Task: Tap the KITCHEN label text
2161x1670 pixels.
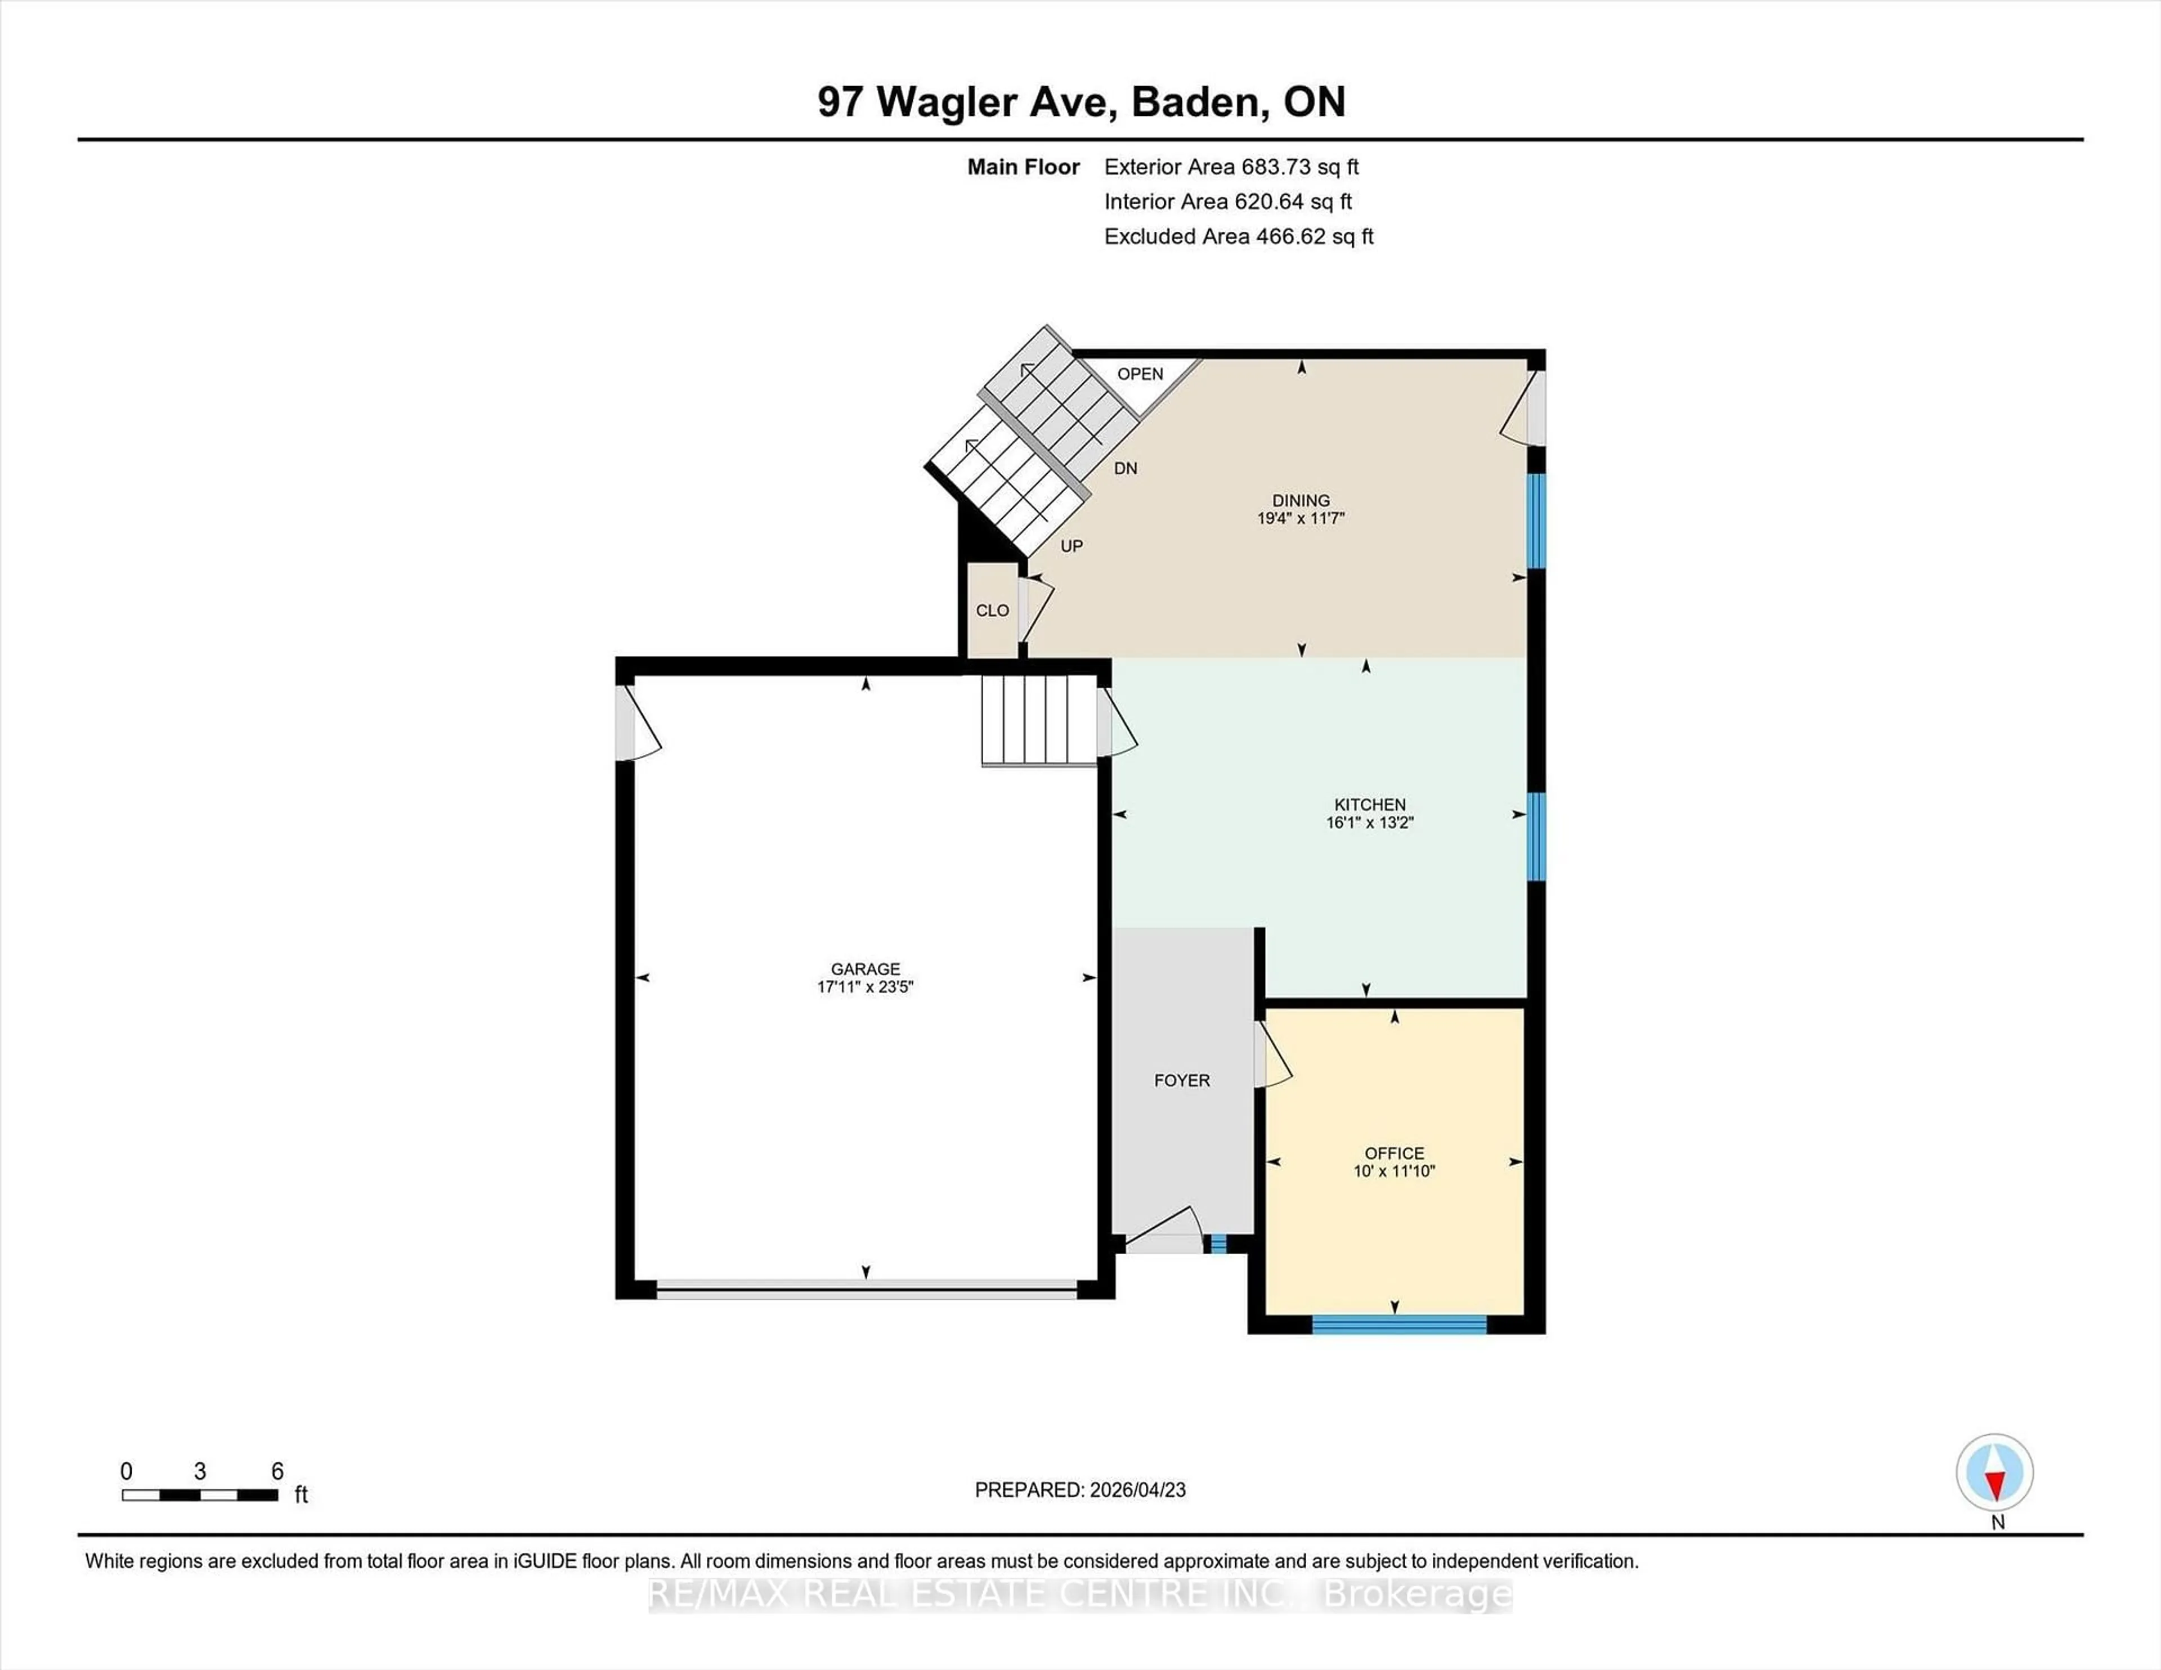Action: (1369, 804)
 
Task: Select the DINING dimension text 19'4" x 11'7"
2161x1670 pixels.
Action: (1300, 518)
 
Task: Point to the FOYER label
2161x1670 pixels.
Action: (1181, 1080)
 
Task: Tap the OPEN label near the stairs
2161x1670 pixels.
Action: (1140, 374)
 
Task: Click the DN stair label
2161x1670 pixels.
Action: (1125, 469)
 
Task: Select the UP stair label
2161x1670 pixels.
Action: (1071, 546)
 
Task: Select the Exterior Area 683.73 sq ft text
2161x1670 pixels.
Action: (1231, 167)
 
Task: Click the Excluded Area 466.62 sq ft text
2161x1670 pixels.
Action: (1238, 236)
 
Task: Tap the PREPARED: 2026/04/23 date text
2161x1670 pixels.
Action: (1079, 1490)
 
